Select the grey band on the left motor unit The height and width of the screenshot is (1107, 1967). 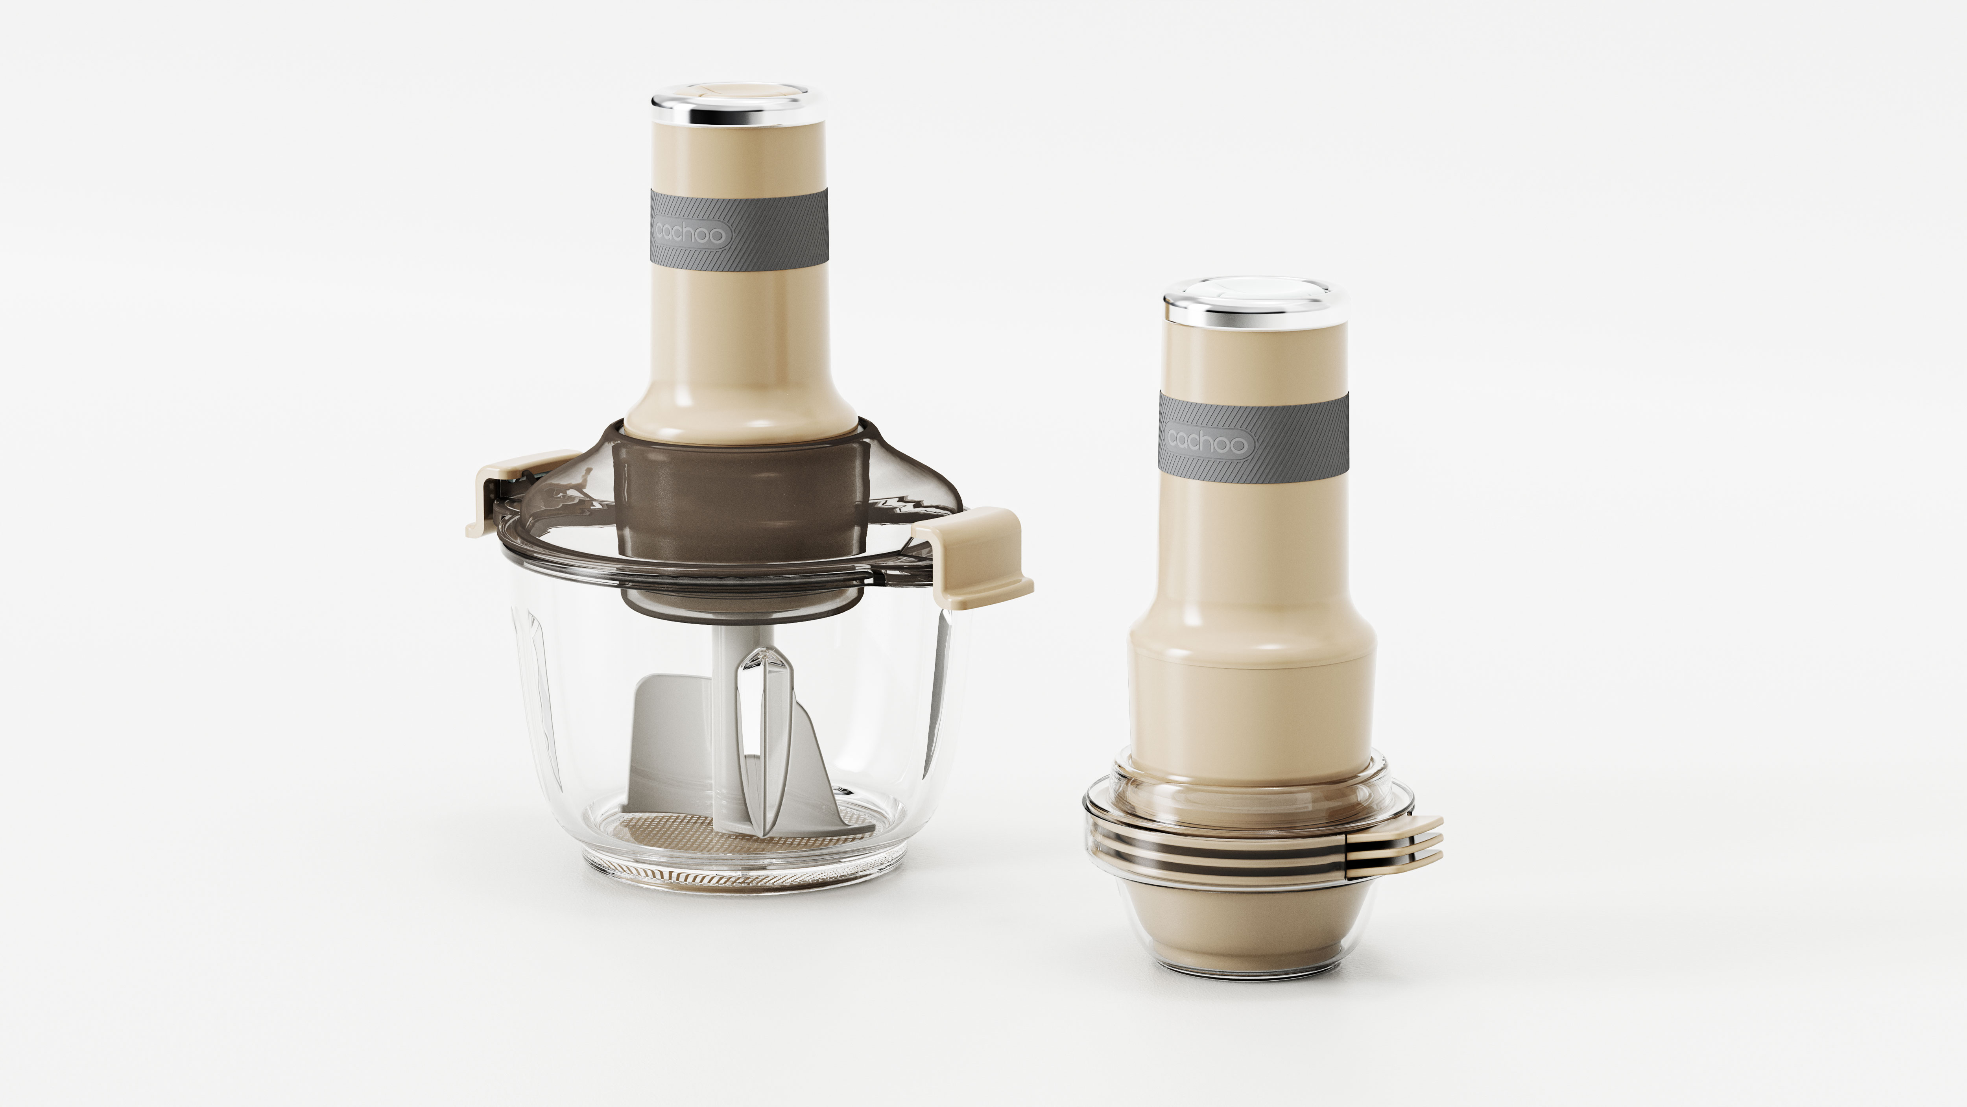771,229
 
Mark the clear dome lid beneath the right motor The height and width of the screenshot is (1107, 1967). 1252,794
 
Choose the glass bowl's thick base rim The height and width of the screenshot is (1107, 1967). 741,878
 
